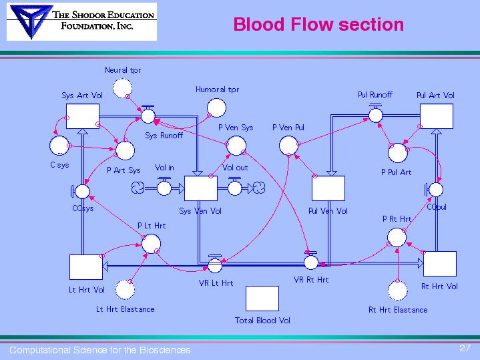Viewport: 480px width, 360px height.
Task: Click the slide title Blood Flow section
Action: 318,25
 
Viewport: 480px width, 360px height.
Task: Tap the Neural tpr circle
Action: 123,87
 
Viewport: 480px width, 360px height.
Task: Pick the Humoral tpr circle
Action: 217,107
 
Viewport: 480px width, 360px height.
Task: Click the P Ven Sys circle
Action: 236,145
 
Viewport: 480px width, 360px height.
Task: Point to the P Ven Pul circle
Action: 288,145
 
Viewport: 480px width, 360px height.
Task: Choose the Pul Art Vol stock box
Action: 436,116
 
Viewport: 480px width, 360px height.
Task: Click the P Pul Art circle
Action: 397,153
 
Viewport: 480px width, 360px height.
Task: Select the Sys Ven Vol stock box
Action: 200,189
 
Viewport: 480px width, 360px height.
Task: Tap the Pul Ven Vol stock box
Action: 328,189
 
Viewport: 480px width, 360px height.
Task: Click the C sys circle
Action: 59,145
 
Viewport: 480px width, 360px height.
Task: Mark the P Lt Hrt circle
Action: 151,244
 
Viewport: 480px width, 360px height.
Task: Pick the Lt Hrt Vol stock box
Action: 85,267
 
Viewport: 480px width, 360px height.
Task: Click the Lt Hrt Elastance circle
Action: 124,290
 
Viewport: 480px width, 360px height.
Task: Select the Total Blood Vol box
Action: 262,299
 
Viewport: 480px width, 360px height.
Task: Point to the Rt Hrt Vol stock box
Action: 440,264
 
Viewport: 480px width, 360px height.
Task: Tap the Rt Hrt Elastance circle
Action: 398,291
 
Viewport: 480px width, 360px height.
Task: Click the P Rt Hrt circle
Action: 397,236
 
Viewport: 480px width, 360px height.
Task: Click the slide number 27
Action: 465,348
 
